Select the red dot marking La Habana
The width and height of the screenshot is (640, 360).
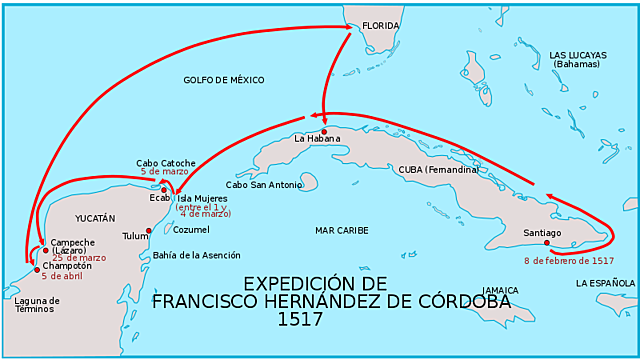[x=324, y=130]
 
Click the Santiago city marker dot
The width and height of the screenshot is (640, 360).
[x=546, y=242]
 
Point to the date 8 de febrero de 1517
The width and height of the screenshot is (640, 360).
[x=568, y=261]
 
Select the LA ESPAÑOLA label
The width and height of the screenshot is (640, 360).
[x=605, y=284]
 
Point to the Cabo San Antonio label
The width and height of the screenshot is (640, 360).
[x=263, y=185]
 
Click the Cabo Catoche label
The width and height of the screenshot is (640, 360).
[x=166, y=162]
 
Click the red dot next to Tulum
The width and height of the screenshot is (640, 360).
[x=149, y=231]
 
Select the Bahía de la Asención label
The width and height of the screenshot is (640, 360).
[x=196, y=255]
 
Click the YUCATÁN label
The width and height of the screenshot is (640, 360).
[x=95, y=217]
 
